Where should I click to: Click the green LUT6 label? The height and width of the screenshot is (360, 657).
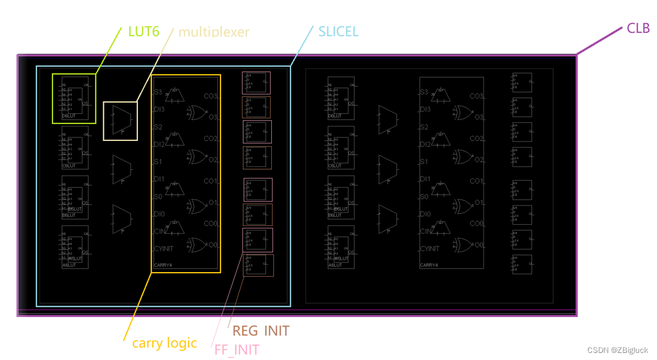tap(144, 31)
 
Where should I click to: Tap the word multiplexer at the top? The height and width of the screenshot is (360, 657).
tap(214, 31)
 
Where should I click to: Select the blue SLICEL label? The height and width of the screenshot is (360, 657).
tap(338, 31)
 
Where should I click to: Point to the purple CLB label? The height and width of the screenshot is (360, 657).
tap(638, 28)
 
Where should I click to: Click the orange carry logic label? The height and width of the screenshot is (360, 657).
tap(165, 343)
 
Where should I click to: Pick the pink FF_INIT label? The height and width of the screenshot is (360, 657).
tap(236, 349)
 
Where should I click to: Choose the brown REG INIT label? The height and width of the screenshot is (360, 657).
tap(261, 330)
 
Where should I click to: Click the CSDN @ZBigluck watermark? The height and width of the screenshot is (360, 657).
tap(617, 350)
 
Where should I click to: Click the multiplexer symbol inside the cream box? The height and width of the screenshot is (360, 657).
tap(120, 120)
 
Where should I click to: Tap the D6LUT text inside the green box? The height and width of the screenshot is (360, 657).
tap(69, 116)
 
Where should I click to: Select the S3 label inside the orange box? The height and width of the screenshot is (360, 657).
tap(158, 92)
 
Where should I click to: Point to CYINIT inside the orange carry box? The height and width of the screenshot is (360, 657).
tap(163, 249)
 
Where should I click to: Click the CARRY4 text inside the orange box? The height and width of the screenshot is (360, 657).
tap(163, 266)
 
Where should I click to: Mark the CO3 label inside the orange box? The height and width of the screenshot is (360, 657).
tap(211, 96)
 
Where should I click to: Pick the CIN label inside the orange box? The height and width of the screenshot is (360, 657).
tap(160, 231)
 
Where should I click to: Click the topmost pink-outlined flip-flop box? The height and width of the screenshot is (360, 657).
tap(256, 83)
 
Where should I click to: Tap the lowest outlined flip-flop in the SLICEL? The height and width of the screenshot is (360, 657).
tap(258, 265)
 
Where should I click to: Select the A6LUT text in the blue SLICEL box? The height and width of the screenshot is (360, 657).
tap(69, 266)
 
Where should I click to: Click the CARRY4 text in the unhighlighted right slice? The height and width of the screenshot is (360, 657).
tap(429, 266)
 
